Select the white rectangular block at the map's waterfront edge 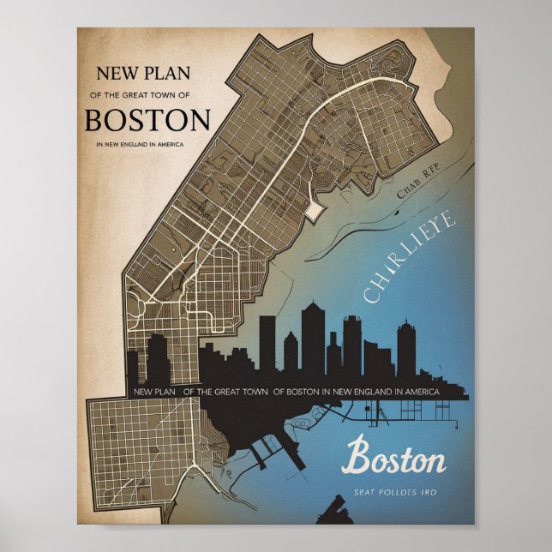(x=314, y=209)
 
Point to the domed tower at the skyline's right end (x=405, y=347)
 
